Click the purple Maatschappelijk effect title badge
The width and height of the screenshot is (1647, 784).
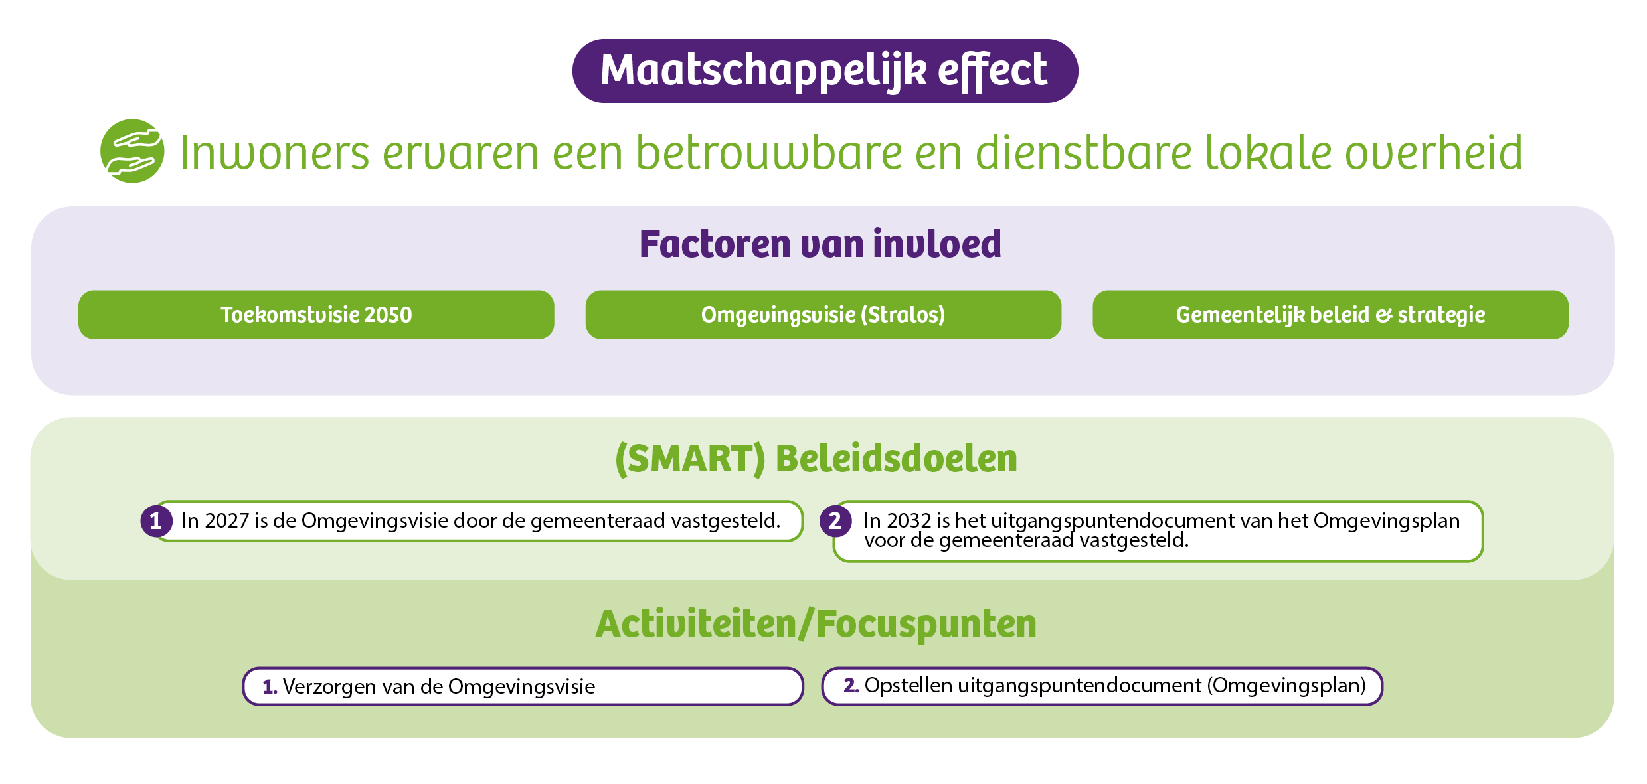(x=825, y=71)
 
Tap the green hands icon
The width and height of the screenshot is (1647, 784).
(x=133, y=151)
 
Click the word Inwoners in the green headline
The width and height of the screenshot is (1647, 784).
(x=274, y=153)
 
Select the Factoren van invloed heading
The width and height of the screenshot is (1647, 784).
(x=820, y=244)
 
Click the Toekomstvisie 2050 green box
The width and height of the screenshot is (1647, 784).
(x=316, y=315)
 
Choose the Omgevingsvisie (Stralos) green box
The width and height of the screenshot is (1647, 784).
(x=823, y=315)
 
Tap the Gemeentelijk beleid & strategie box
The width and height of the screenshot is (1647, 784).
(x=1330, y=315)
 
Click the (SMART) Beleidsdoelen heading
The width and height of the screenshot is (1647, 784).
(x=816, y=459)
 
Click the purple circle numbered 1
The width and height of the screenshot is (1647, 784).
(x=156, y=521)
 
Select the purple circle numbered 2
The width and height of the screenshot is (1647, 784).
(x=835, y=521)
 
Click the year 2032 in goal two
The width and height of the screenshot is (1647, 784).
(x=909, y=521)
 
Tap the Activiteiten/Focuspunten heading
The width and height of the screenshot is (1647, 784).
(x=816, y=624)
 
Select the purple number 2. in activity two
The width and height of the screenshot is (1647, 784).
(x=851, y=686)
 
